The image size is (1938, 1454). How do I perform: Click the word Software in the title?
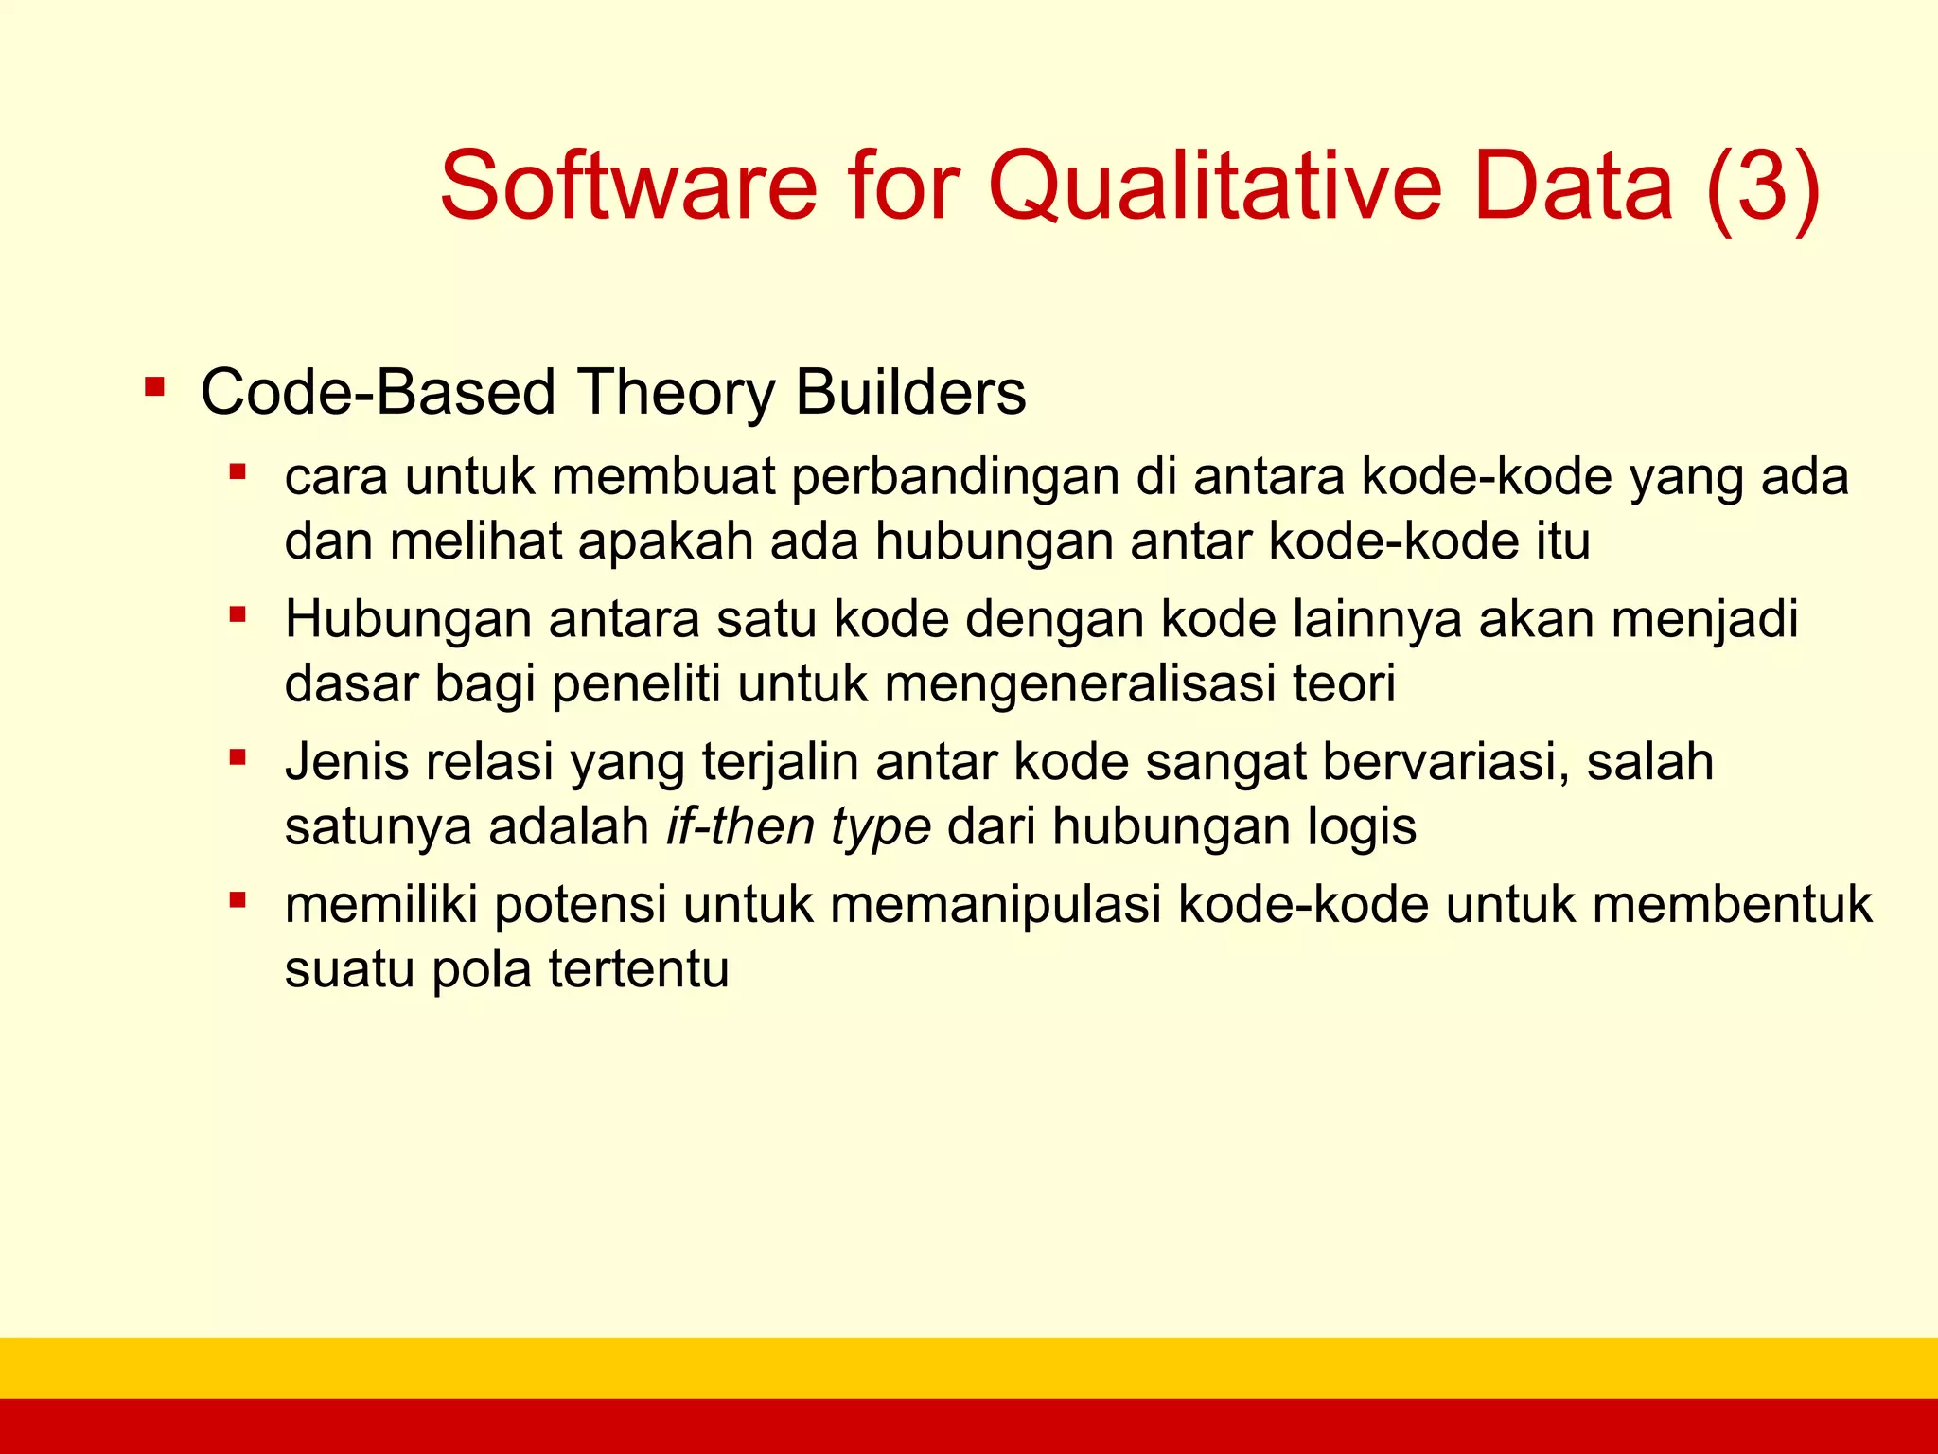point(628,186)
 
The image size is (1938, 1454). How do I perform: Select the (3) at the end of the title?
point(1763,186)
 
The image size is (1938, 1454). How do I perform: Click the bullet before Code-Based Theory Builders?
point(154,387)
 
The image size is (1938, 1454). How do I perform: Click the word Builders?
point(910,392)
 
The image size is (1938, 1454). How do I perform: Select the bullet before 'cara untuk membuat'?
point(238,470)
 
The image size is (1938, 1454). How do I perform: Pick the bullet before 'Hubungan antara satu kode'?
point(238,615)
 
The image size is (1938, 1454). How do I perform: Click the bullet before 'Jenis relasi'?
point(238,757)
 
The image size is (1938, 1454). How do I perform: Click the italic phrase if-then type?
point(798,826)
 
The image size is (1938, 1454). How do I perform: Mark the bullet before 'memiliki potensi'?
point(238,900)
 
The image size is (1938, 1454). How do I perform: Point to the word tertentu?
point(639,969)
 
